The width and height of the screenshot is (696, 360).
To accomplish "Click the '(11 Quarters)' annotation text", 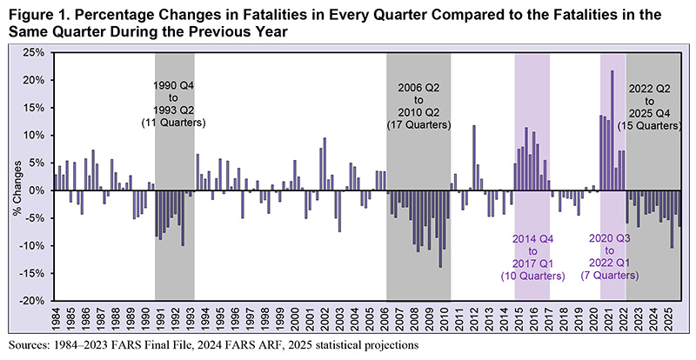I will [x=175, y=123].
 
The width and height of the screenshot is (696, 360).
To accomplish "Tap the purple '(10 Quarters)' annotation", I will [x=532, y=276].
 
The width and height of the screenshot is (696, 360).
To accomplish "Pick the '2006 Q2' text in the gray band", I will [x=419, y=90].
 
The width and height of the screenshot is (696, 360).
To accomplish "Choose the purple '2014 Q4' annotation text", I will [x=532, y=237].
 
